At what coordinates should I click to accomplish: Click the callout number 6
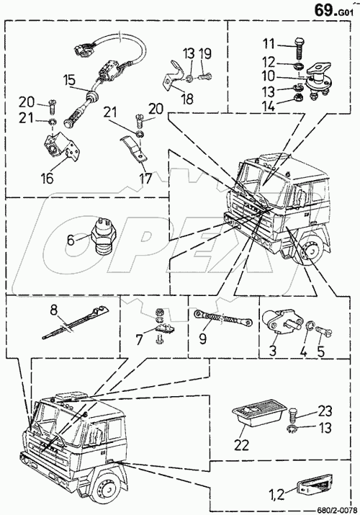point(71,240)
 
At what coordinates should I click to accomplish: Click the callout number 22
point(241,444)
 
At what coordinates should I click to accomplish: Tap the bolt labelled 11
point(299,48)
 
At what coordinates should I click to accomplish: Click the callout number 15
point(70,80)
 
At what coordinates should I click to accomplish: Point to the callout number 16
point(47,179)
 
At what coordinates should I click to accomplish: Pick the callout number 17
point(145,179)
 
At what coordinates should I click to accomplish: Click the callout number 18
point(187,99)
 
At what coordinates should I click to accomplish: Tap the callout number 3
point(273,350)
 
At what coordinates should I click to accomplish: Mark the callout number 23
point(324,411)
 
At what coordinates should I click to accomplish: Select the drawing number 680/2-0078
point(338,510)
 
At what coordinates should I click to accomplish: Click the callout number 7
point(140,339)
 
